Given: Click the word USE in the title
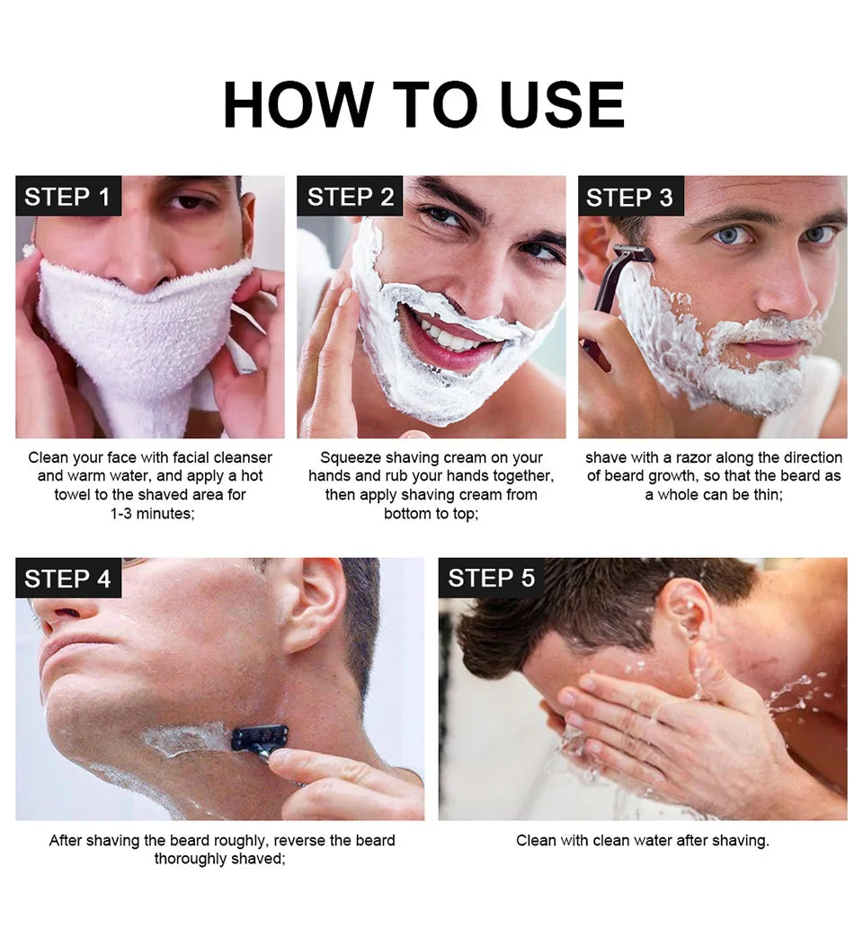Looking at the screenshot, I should click(562, 105).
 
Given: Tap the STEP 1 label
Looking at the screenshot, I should click(67, 198).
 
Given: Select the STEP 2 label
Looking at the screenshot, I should click(351, 198).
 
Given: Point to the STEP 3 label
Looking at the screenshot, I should click(629, 198).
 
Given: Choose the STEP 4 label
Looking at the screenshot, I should click(67, 579).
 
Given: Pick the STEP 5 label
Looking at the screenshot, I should click(491, 579).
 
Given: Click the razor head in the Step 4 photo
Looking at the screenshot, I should click(259, 738).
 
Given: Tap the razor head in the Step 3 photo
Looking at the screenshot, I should click(633, 254).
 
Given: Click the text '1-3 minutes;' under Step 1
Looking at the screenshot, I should click(152, 514).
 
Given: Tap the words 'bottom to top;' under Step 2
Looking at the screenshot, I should click(431, 514).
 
